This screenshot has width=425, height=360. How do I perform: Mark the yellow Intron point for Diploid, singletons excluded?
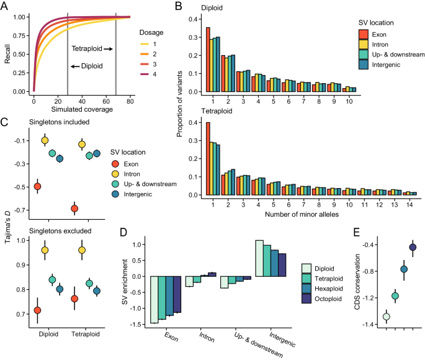click(x=44, y=250)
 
